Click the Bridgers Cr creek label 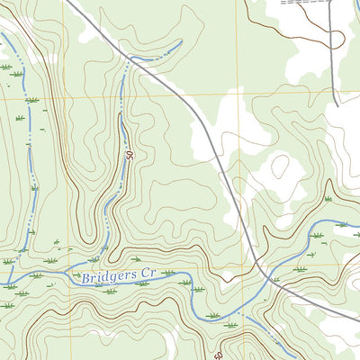coord(121,278)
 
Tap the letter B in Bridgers coord(85,280)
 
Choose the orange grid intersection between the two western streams coord(67,94)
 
